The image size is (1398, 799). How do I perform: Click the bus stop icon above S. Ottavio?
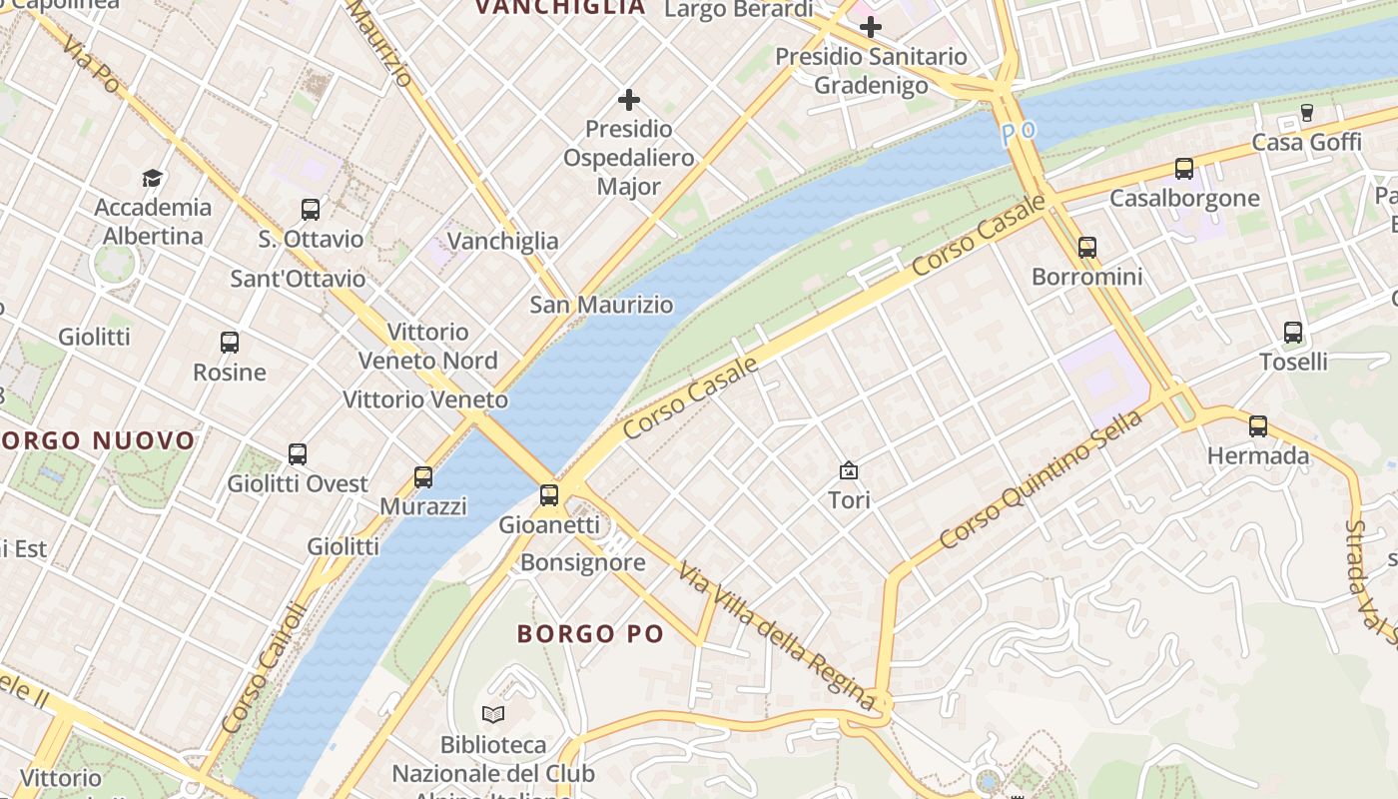pyautogui.click(x=311, y=210)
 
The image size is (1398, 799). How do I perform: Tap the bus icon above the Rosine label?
pyautogui.click(x=230, y=343)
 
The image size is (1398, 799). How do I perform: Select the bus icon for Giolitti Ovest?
pyautogui.click(x=298, y=454)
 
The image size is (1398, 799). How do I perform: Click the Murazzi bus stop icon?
pyautogui.click(x=423, y=477)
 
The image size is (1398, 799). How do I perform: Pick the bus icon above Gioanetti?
pyautogui.click(x=548, y=494)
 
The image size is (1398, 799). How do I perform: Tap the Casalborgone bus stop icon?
pyautogui.click(x=1184, y=169)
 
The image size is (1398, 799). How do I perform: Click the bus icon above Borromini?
pyautogui.click(x=1087, y=247)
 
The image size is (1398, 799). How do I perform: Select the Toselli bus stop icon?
pyautogui.click(x=1293, y=333)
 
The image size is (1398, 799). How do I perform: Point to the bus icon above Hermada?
pyautogui.click(x=1258, y=426)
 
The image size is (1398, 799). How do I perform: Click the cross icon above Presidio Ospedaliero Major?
pyautogui.click(x=629, y=100)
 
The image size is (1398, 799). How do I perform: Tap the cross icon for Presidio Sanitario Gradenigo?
pyautogui.click(x=871, y=27)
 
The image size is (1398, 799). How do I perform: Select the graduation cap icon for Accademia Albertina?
pyautogui.click(x=152, y=178)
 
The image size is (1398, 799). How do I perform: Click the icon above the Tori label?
pyautogui.click(x=849, y=469)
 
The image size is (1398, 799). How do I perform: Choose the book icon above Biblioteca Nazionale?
pyautogui.click(x=493, y=714)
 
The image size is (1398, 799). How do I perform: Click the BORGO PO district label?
pyautogui.click(x=590, y=633)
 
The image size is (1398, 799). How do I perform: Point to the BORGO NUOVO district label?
pyautogui.click(x=98, y=440)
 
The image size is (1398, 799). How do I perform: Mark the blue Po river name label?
pyautogui.click(x=1020, y=131)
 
